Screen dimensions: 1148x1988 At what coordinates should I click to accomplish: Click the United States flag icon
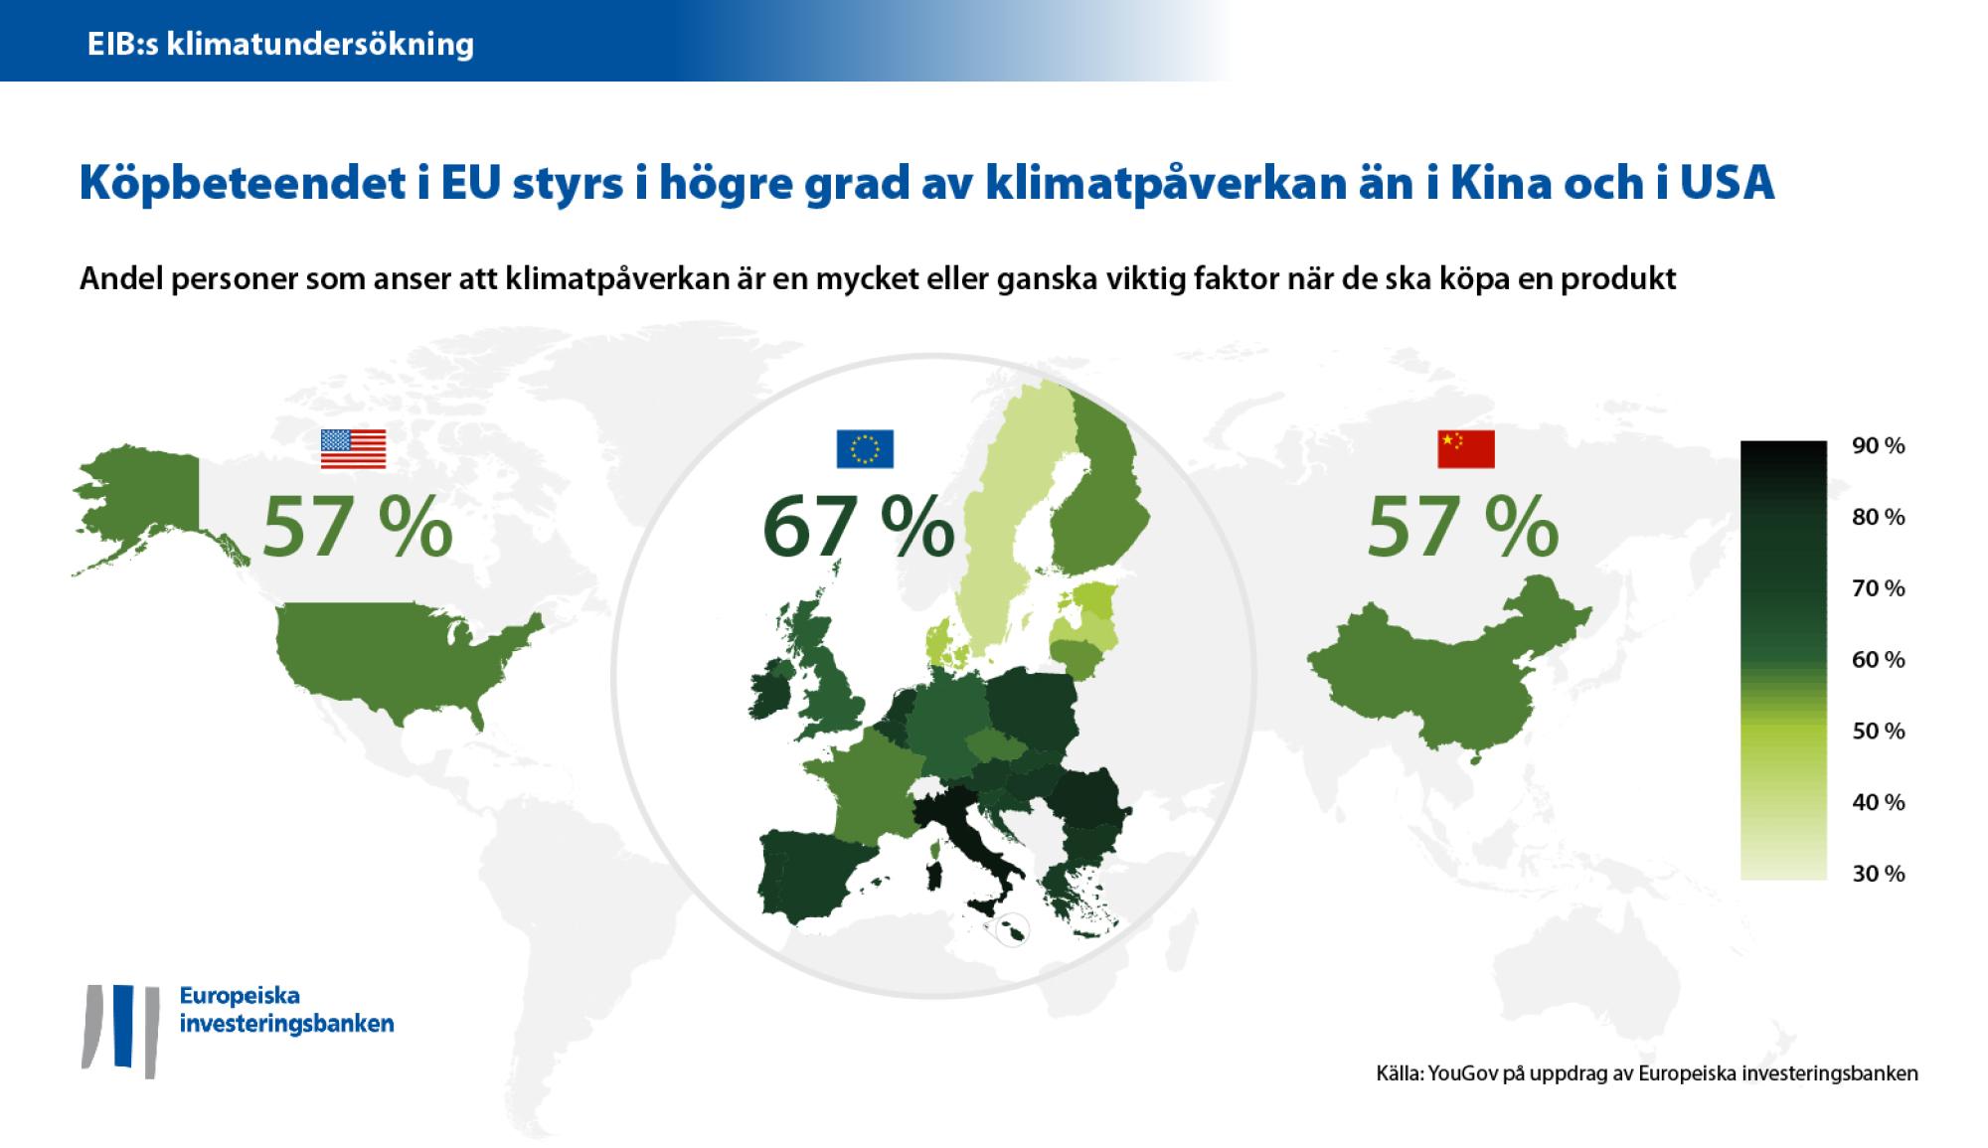tap(353, 449)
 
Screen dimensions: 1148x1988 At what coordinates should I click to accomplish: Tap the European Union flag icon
tap(865, 449)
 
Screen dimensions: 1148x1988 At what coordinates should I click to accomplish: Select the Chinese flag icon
tap(1465, 449)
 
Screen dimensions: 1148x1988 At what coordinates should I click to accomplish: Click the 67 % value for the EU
tap(858, 529)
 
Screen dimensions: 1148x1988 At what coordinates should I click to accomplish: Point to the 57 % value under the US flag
tap(357, 529)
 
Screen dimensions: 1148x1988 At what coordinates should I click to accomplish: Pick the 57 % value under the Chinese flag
tap(1462, 529)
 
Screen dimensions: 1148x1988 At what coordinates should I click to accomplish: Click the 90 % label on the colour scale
tap(1878, 446)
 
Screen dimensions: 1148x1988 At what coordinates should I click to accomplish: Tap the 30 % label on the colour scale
tap(1878, 874)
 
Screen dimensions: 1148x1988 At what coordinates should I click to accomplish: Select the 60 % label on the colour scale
tap(1878, 660)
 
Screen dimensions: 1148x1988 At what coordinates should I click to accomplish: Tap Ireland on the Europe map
tap(770, 691)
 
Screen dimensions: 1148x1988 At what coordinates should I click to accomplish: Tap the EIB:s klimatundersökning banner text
tap(280, 44)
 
